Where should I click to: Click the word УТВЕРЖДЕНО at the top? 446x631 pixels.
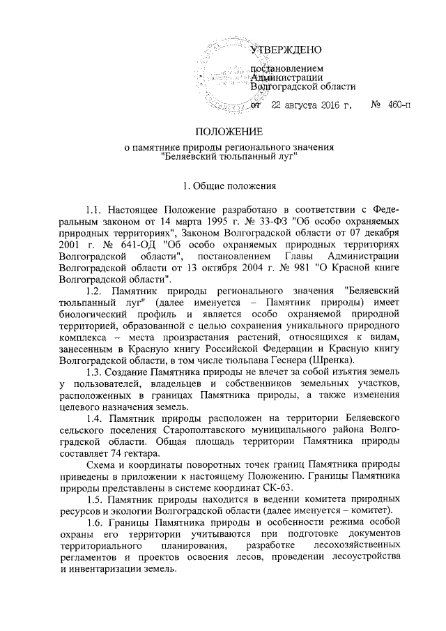point(286,50)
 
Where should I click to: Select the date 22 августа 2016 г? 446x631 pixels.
point(311,106)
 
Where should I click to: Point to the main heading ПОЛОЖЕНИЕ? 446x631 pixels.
point(229,131)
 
